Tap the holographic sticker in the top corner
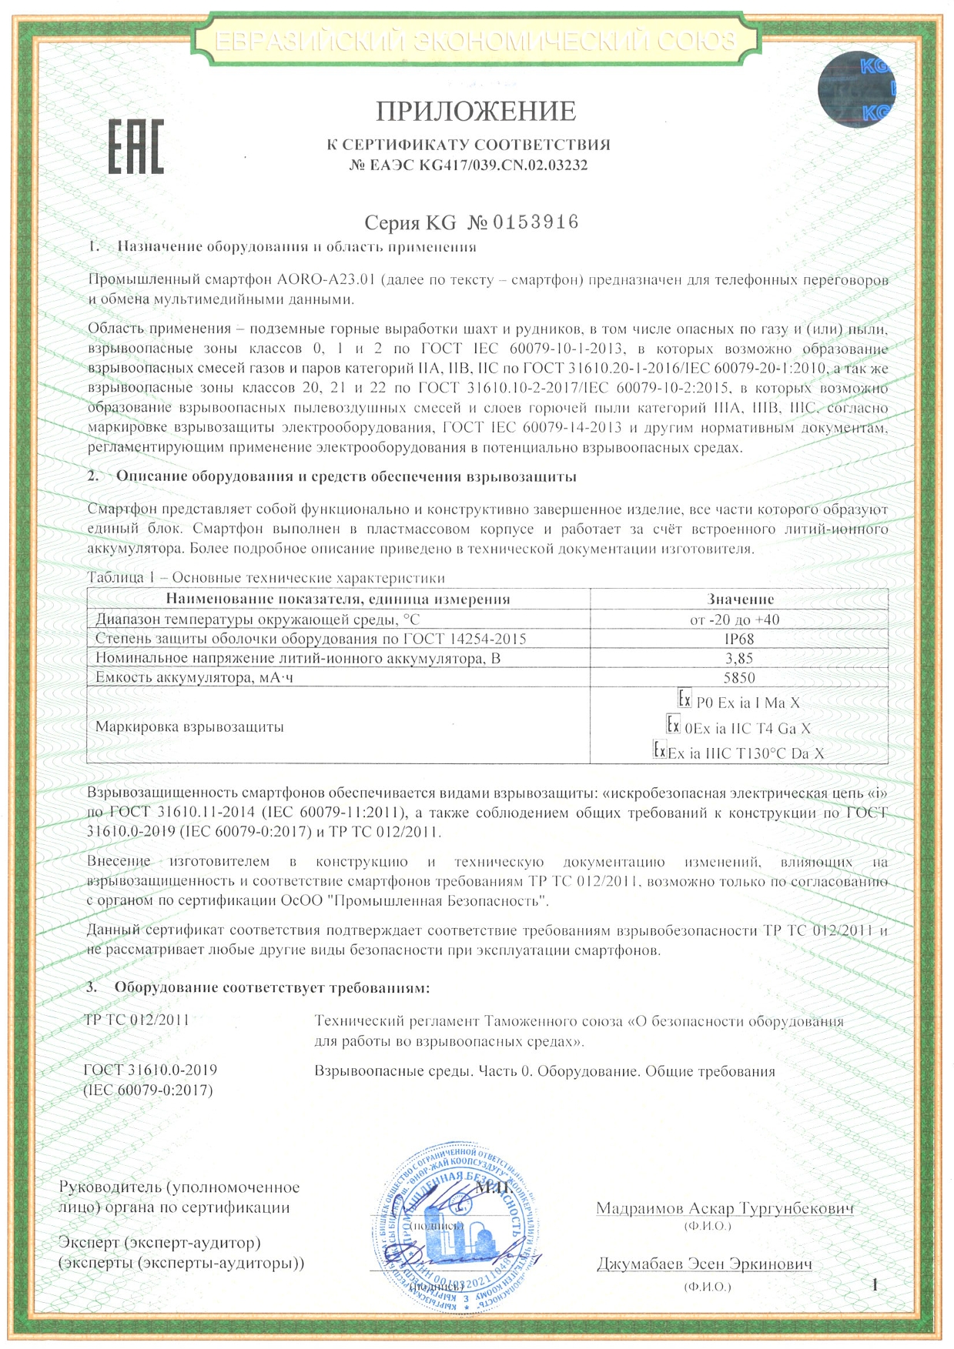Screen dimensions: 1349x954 [856, 87]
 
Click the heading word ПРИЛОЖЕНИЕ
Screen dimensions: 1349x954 [476, 112]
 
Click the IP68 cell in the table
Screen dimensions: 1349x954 [739, 639]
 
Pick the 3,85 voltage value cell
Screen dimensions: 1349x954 [739, 658]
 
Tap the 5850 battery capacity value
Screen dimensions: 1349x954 [739, 677]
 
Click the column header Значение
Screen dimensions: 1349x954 [740, 599]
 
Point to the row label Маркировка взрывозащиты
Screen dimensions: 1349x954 [189, 726]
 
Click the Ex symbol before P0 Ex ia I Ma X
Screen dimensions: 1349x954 [684, 700]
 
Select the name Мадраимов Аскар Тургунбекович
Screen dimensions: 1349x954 [725, 1207]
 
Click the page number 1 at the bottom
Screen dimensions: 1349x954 [875, 1284]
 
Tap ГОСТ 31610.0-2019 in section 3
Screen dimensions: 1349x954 [150, 1070]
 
